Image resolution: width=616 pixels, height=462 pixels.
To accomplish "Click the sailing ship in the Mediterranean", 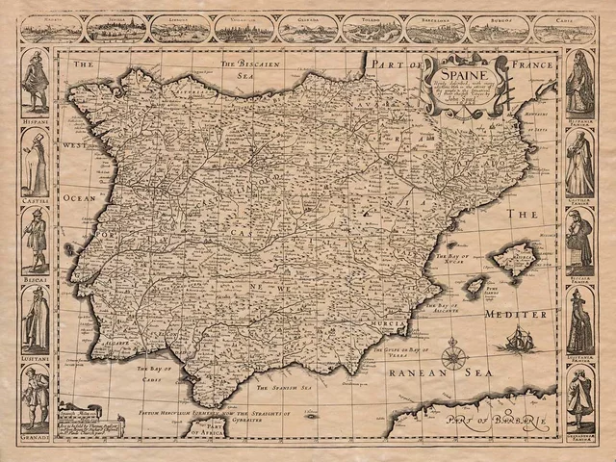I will point(517,338).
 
